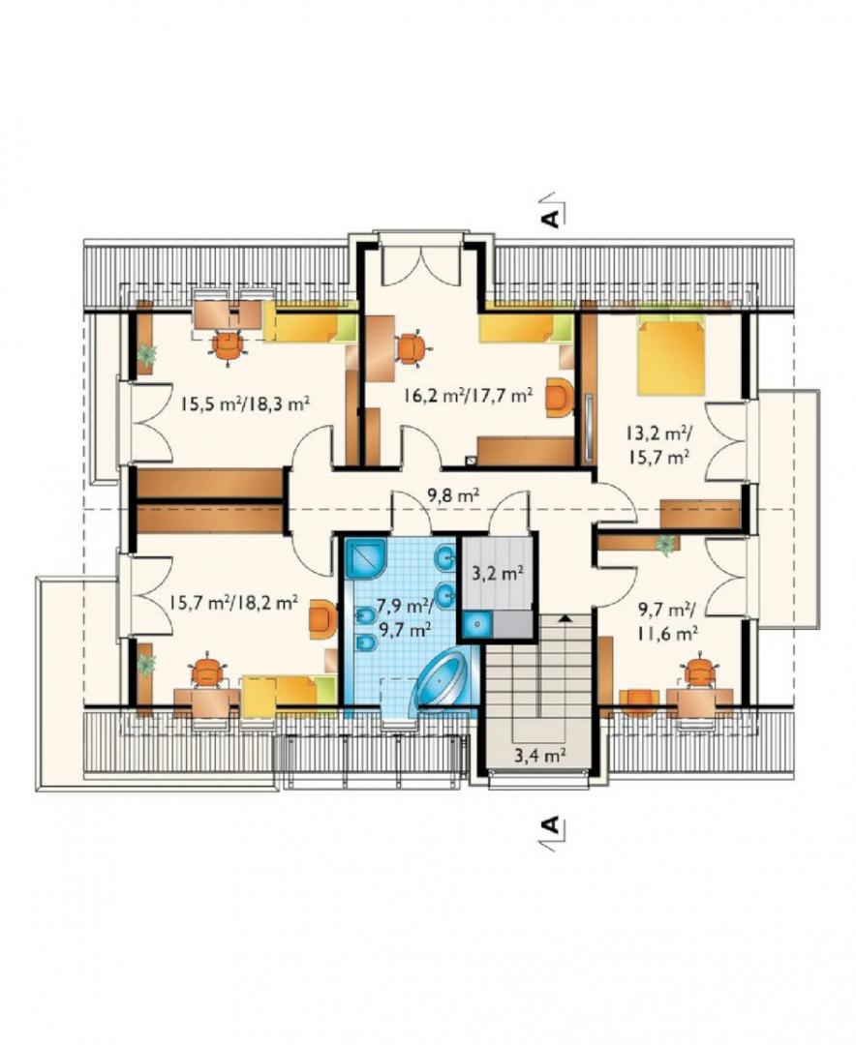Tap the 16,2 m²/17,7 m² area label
pyautogui.click(x=468, y=395)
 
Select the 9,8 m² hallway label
pyautogui.click(x=453, y=494)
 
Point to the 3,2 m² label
pyautogui.click(x=497, y=573)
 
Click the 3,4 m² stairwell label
pyautogui.click(x=539, y=755)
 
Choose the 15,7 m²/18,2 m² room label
pyautogui.click(x=232, y=604)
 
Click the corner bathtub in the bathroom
pyautogui.click(x=443, y=680)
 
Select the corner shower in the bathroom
pyautogui.click(x=366, y=559)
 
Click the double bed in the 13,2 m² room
pyautogui.click(x=671, y=356)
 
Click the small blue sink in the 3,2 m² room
pyautogui.click(x=477, y=624)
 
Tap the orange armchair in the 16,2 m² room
pyautogui.click(x=559, y=398)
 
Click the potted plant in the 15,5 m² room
pyautogui.click(x=146, y=354)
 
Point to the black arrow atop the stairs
pyautogui.click(x=566, y=618)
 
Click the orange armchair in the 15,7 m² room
pyautogui.click(x=322, y=620)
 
